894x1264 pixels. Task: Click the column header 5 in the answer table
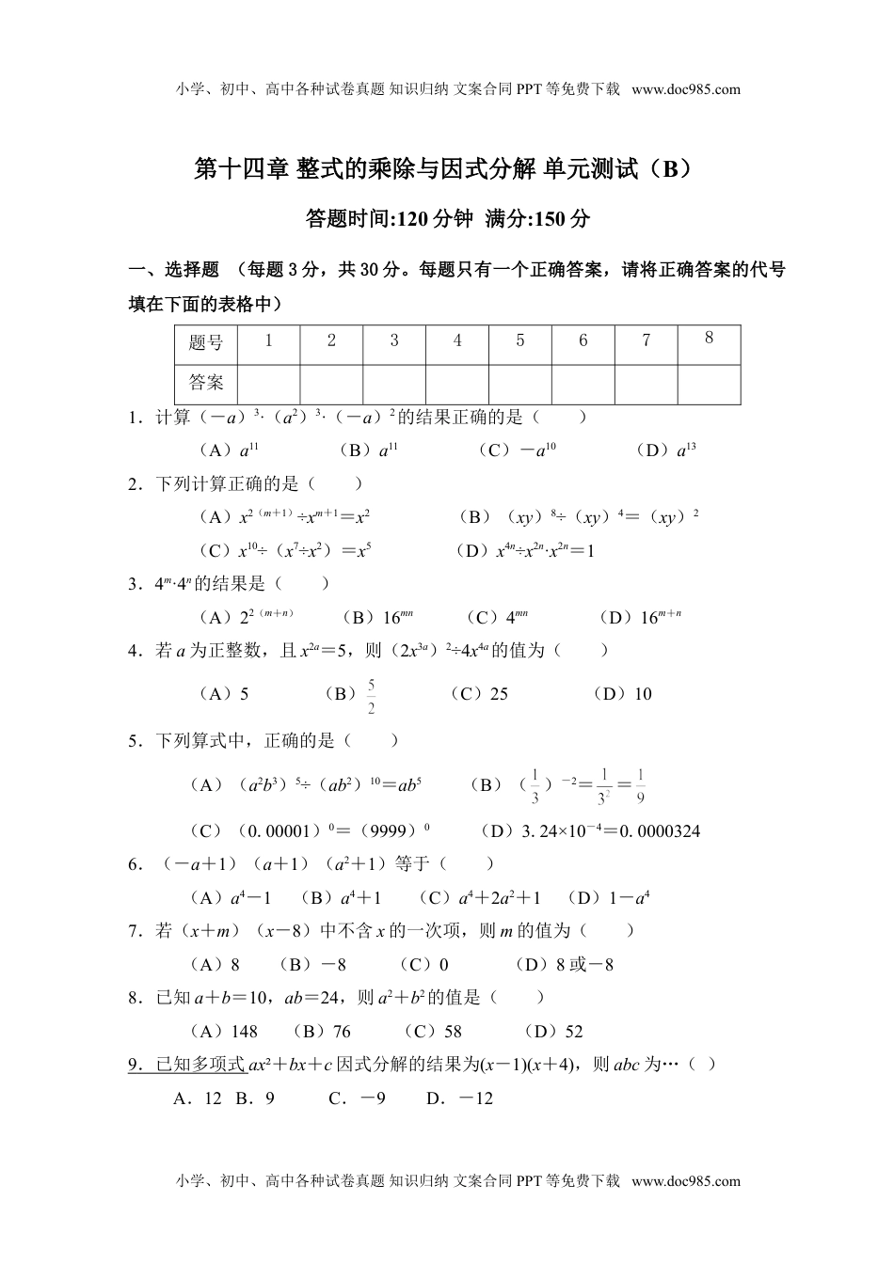coord(519,341)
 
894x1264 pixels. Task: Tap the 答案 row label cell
coord(206,383)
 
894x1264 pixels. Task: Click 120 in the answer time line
coord(413,220)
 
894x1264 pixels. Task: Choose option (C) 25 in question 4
coord(480,694)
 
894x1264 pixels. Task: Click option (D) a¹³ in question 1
coord(666,450)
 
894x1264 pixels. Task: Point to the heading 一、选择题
coord(173,271)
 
